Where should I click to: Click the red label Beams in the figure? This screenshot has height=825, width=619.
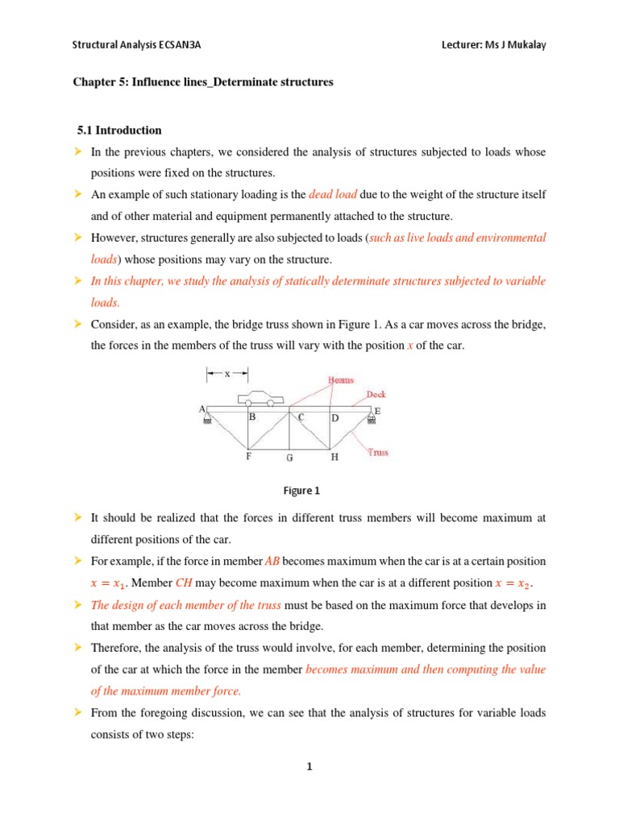coord(340,380)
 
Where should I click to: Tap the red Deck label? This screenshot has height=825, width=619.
coord(376,395)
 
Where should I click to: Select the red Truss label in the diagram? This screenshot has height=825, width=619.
coord(378,452)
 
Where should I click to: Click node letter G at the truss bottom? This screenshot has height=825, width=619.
coord(289,458)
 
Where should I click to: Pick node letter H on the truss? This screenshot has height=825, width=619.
coord(334,457)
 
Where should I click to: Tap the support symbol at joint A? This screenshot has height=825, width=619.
coord(208,418)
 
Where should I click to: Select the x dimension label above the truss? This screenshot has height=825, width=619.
coord(226,373)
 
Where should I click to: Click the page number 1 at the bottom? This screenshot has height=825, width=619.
coord(309,767)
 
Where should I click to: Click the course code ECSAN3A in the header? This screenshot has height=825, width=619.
coord(179,45)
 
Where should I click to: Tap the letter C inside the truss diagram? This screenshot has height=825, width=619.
coord(300,417)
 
